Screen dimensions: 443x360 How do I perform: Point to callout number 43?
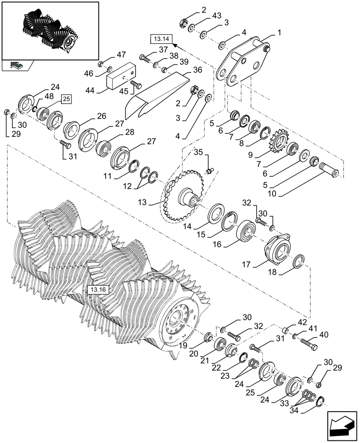click(216, 16)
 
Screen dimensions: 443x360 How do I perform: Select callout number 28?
click(129, 132)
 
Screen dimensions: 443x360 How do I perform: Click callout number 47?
click(109, 54)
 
